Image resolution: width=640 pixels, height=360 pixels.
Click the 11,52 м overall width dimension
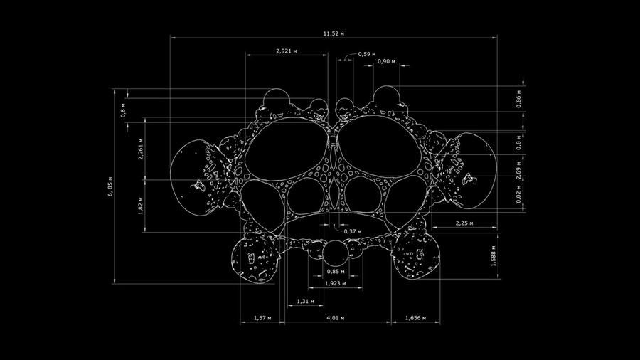[334, 33]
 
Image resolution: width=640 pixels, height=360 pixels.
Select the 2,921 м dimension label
[286, 51]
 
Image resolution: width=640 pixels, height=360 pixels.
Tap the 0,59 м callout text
[367, 54]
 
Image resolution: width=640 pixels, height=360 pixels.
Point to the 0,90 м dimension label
[386, 61]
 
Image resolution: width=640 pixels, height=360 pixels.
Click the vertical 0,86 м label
[518, 99]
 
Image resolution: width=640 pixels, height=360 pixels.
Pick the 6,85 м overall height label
[110, 186]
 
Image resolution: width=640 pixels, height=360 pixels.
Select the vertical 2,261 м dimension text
[141, 149]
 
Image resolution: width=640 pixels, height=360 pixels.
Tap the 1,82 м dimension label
[141, 206]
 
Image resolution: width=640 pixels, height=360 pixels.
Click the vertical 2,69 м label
[518, 170]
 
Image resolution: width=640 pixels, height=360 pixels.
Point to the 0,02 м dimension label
[518, 194]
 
